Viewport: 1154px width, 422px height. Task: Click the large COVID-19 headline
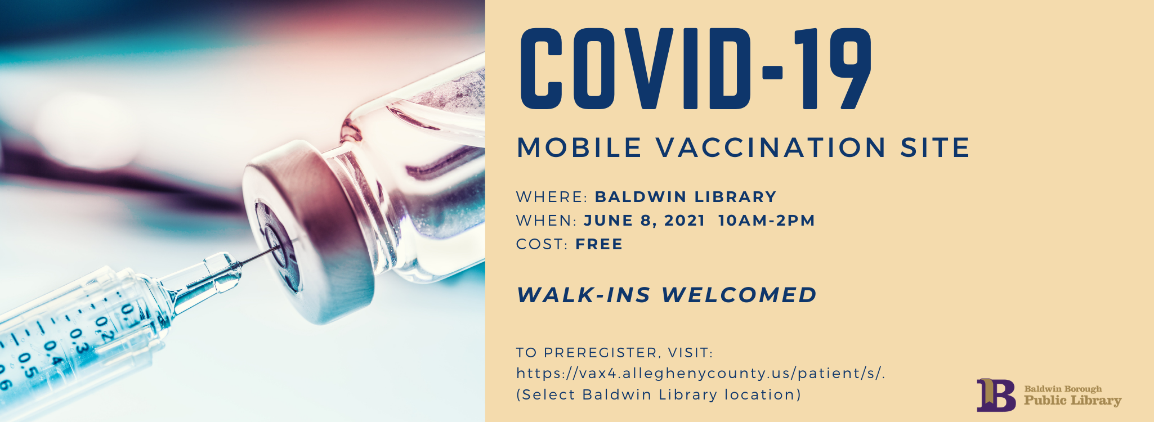click(x=696, y=69)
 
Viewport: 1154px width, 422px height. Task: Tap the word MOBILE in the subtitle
click(x=579, y=148)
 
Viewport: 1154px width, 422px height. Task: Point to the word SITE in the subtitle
click(x=935, y=148)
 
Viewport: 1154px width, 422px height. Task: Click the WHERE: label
click(x=552, y=197)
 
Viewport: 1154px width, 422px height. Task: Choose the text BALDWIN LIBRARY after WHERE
click(x=686, y=197)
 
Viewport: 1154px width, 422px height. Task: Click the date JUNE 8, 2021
click(x=645, y=221)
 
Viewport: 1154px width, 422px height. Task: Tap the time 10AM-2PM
click(x=767, y=221)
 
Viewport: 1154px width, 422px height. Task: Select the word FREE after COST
click(x=599, y=244)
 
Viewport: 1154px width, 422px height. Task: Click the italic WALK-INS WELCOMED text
click(x=667, y=295)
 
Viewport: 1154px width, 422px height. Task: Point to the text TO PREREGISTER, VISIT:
click(x=615, y=353)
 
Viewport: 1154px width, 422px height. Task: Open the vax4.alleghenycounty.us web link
click(x=701, y=374)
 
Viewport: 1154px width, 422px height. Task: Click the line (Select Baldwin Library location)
click(x=659, y=394)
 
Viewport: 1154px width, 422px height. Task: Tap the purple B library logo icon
click(x=996, y=394)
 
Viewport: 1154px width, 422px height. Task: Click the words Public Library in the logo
click(x=1072, y=401)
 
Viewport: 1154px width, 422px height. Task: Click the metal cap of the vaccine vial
click(x=310, y=231)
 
